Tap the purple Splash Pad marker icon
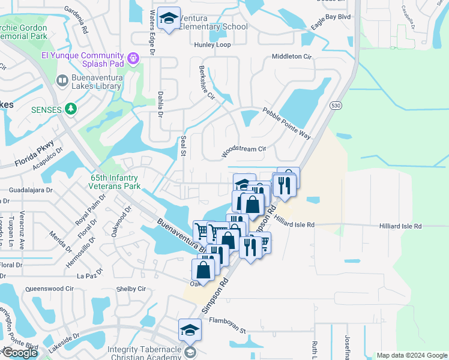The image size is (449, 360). pos(133,59)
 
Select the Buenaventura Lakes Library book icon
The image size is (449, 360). pos(62,80)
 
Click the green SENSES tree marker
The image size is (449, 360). pos(72,108)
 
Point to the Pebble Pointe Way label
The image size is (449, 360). pos(286,123)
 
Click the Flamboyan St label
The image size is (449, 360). pos(228,330)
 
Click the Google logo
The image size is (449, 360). pos(20,353)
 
